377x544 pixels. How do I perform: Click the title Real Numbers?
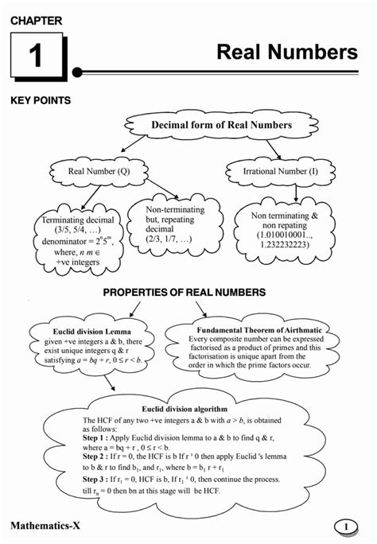(287, 52)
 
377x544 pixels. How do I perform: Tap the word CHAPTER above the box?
(35, 20)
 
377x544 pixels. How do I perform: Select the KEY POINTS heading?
(41, 101)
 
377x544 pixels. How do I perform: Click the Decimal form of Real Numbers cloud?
(210, 126)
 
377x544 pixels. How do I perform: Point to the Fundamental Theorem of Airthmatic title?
(255, 328)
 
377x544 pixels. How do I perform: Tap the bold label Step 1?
(99, 437)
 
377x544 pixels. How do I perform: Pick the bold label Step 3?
(99, 480)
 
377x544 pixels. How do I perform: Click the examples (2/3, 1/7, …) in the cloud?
(169, 239)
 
